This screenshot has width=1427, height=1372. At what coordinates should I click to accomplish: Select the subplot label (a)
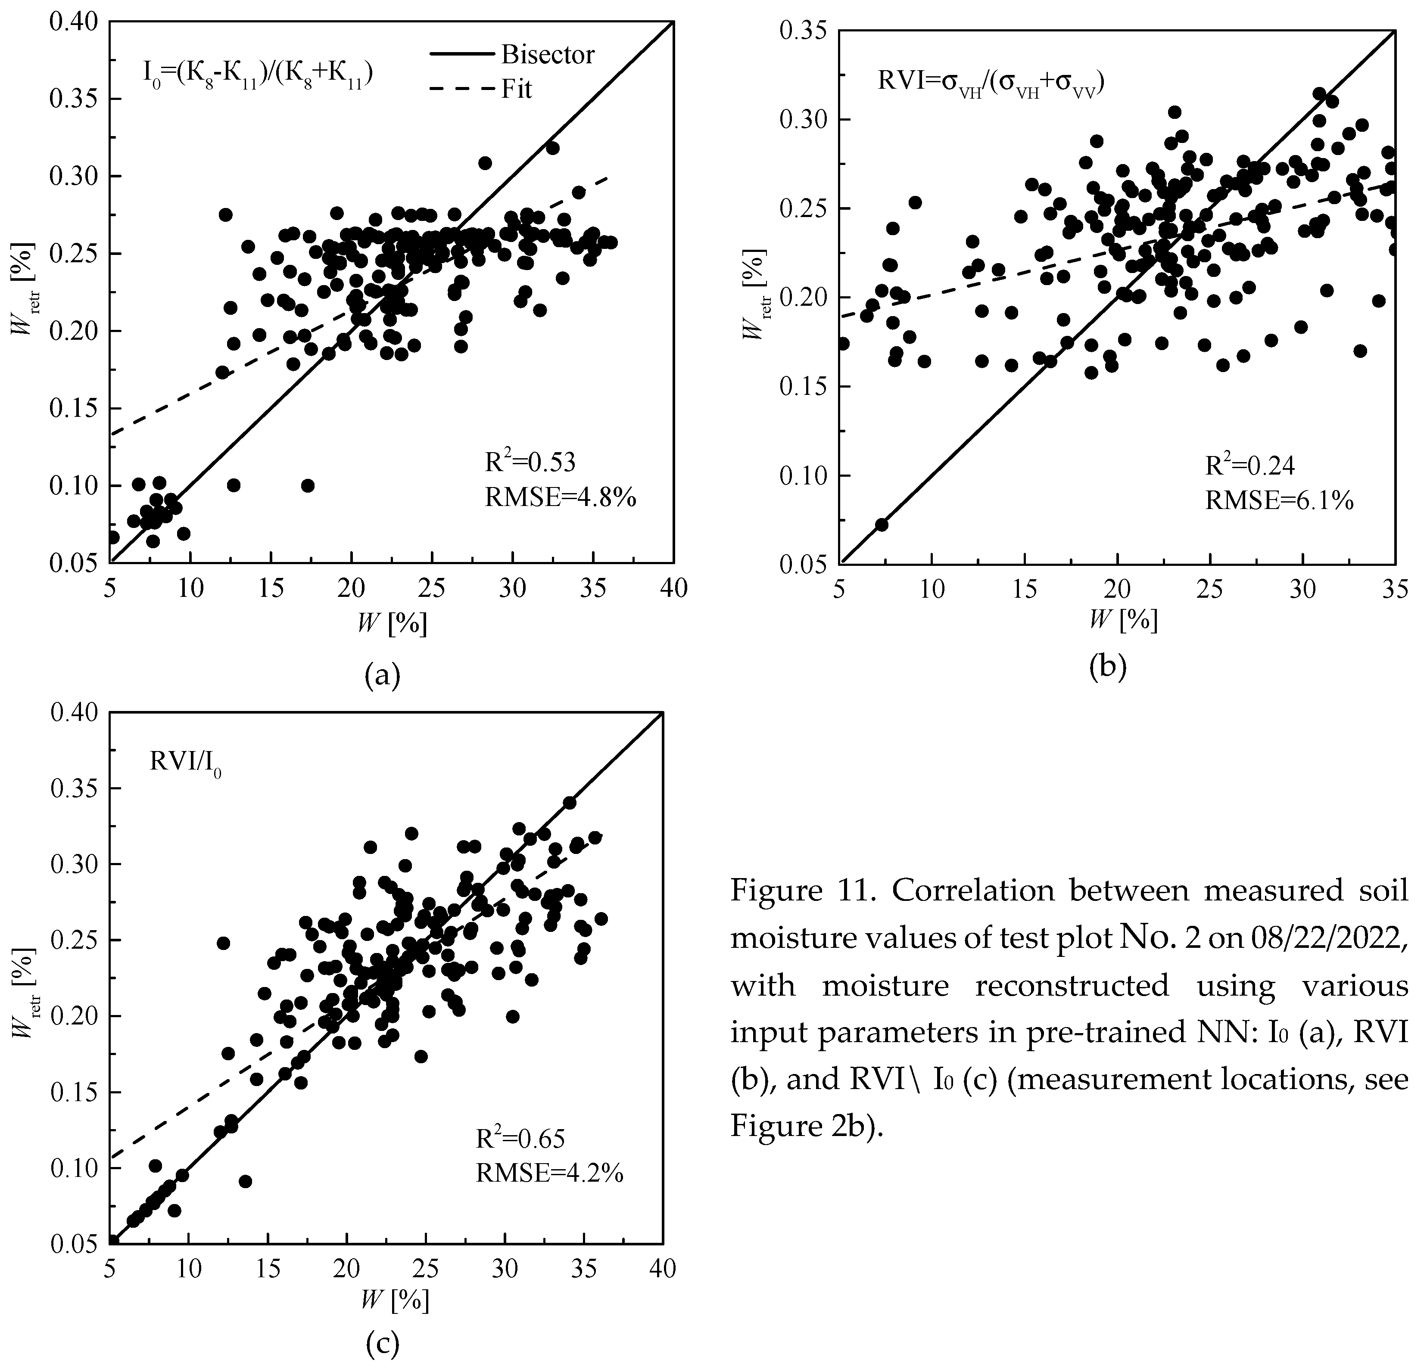click(382, 675)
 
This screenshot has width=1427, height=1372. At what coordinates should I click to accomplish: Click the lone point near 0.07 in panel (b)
click(881, 524)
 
